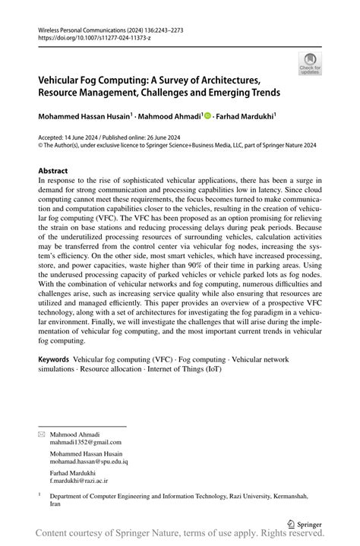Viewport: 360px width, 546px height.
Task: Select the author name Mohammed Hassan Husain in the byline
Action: pos(87,118)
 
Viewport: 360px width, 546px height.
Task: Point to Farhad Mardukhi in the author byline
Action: pos(245,118)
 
